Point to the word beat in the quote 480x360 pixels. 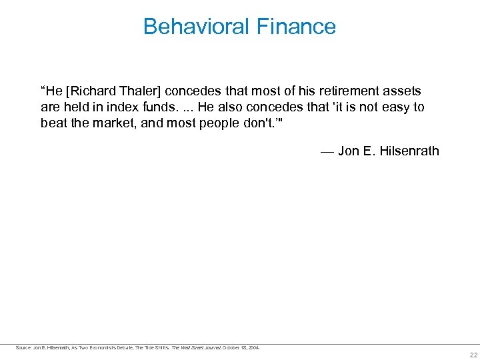(x=53, y=123)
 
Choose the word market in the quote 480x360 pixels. (x=111, y=123)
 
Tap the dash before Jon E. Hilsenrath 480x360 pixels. (x=327, y=151)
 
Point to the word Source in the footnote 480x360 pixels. (x=23, y=347)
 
